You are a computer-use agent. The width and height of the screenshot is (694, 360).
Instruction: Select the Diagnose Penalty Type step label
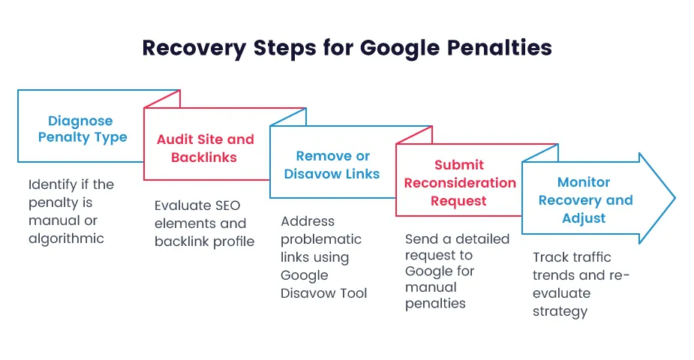pos(81,129)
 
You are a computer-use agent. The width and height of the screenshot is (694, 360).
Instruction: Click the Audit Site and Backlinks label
pos(205,148)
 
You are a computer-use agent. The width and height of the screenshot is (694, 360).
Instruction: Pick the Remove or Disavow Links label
pos(332,165)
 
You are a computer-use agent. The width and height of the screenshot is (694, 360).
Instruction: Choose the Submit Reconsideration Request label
pos(460,183)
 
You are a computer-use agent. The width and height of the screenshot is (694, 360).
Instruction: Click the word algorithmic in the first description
pos(66,238)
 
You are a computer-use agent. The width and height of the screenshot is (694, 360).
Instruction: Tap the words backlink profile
pos(204,241)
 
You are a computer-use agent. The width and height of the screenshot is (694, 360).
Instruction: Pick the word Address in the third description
pos(308,221)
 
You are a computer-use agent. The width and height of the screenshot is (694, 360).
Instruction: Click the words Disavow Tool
pos(324,293)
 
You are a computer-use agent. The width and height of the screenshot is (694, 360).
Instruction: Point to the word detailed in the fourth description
pos(482,239)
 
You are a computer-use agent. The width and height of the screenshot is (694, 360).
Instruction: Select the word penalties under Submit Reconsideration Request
pos(435,304)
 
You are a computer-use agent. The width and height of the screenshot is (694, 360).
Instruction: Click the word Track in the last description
pos(551,257)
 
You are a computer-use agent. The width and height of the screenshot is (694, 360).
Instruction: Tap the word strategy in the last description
pos(560,310)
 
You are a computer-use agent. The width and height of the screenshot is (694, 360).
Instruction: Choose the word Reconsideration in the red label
pos(460,183)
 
